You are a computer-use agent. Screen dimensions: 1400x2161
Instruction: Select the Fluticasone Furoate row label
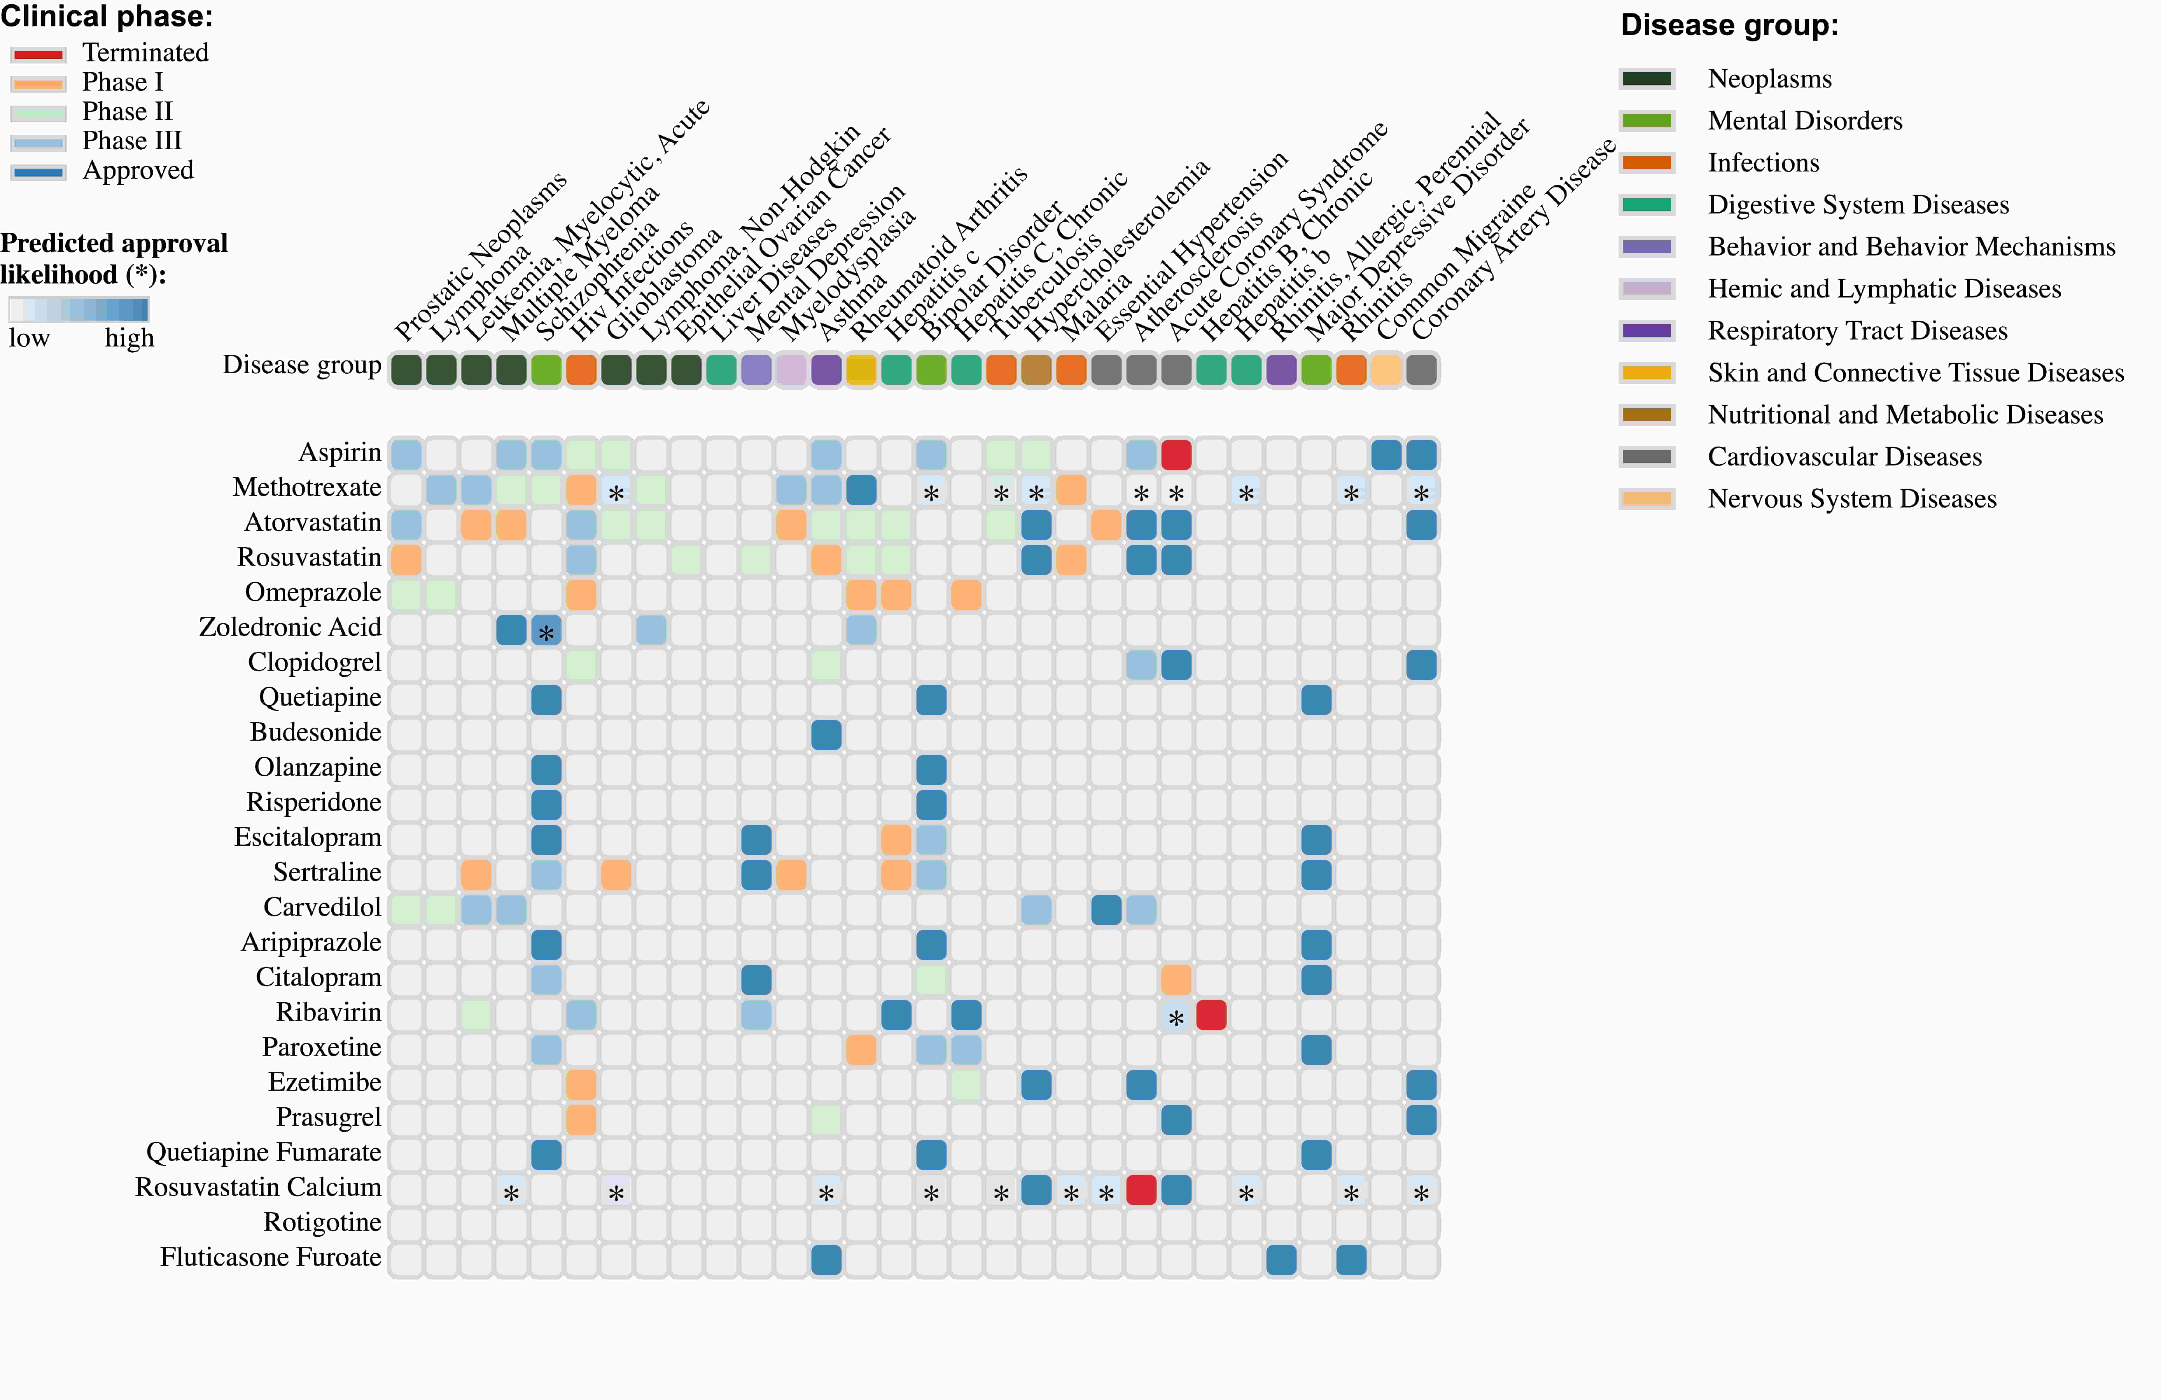point(271,1257)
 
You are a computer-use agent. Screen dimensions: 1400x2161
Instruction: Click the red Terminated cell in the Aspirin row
point(1176,454)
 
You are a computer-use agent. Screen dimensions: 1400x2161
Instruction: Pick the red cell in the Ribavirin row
point(1211,1014)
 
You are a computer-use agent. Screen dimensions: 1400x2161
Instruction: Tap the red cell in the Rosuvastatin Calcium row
point(1141,1189)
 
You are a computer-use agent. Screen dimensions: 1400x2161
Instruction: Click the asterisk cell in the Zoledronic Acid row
point(546,630)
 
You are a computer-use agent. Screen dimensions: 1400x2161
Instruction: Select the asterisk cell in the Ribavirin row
point(1176,1016)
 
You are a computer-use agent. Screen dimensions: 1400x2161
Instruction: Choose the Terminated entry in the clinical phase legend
point(145,53)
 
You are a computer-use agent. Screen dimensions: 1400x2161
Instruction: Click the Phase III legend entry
point(132,141)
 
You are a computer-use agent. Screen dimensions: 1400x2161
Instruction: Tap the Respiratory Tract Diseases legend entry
point(1857,330)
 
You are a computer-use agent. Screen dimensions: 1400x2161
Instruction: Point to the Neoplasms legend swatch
point(1646,79)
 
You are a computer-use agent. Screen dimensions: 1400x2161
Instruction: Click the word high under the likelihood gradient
point(129,339)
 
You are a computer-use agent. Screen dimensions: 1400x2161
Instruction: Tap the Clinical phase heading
point(106,16)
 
